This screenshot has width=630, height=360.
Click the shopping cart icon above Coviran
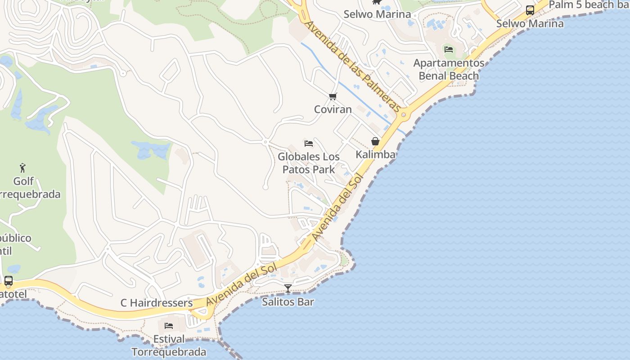[333, 96]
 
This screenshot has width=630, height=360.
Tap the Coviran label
[333, 109]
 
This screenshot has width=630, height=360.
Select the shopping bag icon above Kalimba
[375, 141]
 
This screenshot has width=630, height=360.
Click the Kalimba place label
[375, 154]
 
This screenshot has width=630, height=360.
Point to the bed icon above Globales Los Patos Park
[309, 144]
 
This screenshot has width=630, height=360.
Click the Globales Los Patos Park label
[309, 163]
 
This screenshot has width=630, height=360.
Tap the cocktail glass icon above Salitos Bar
[288, 288]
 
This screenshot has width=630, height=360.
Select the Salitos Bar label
[288, 301]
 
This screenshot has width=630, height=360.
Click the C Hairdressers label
[157, 303]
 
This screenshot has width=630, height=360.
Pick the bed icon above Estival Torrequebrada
[169, 325]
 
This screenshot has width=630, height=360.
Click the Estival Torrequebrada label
[169, 345]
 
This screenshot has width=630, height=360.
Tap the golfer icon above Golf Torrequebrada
[23, 168]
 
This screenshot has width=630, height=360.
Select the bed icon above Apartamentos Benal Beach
[449, 49]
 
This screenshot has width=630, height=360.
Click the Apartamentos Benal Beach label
[449, 69]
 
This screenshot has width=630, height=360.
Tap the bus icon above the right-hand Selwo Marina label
[530, 10]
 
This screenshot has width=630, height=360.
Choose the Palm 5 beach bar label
[589, 5]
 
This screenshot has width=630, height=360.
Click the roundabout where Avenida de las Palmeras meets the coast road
[403, 115]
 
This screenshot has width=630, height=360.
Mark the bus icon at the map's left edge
[8, 281]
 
